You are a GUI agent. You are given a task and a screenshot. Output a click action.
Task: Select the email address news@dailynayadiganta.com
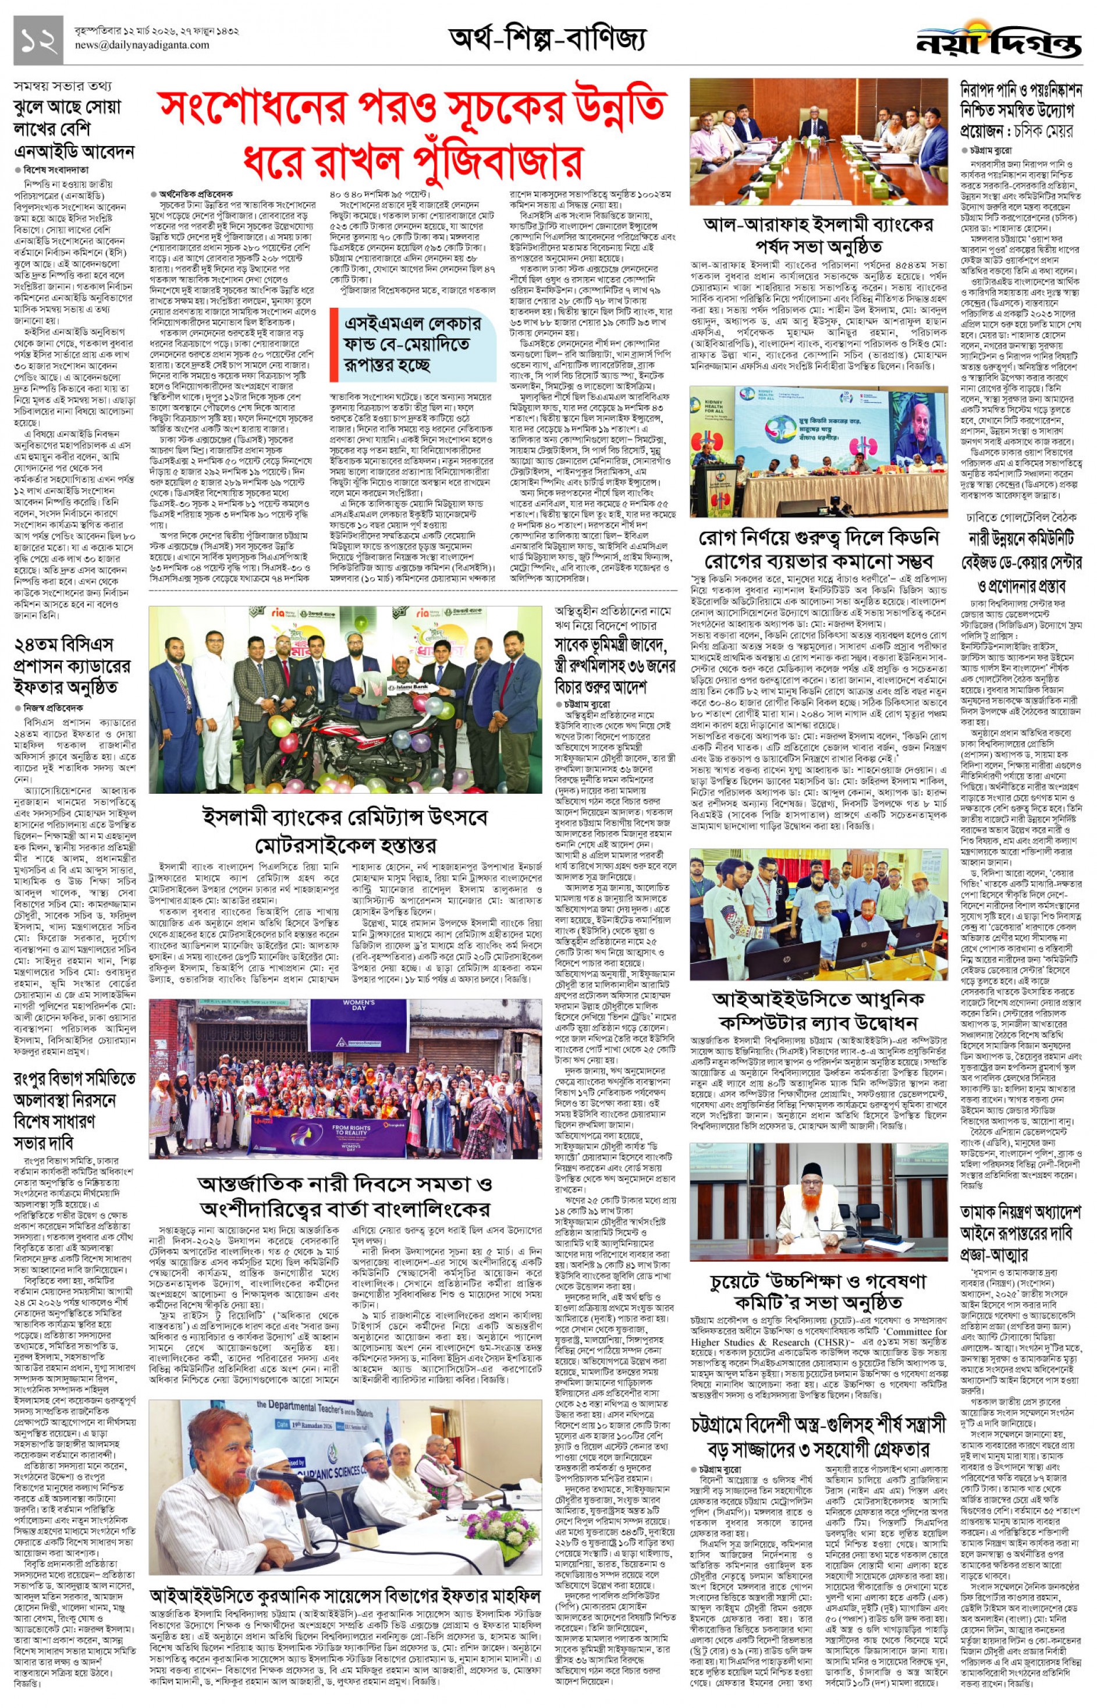pyautogui.click(x=143, y=45)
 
